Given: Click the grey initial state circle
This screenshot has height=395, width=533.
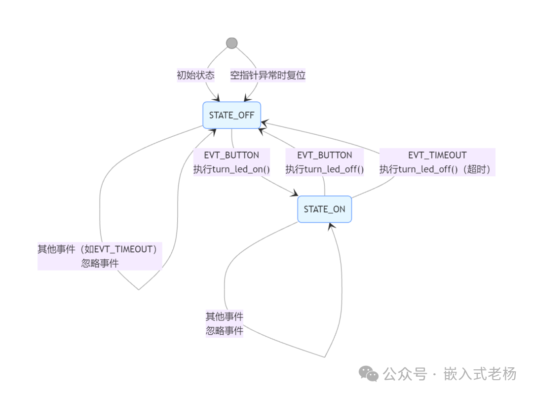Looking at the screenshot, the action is [232, 43].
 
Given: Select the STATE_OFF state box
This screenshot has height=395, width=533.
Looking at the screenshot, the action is [232, 116].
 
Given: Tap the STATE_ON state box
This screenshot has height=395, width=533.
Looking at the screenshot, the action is [325, 209].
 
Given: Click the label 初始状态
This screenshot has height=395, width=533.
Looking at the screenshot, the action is [196, 75].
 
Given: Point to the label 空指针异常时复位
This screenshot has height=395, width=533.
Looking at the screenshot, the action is [268, 75].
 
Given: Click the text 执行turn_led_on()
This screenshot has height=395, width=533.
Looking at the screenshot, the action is [231, 169].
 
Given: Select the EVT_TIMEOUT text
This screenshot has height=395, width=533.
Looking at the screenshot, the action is [437, 155].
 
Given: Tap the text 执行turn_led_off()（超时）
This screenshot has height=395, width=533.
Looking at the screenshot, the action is [435, 169].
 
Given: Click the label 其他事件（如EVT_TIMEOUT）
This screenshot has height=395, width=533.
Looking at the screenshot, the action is [98, 249].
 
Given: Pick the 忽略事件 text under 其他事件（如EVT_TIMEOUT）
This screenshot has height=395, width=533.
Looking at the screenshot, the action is [100, 263].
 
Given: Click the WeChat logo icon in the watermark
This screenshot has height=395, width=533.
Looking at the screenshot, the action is [369, 374].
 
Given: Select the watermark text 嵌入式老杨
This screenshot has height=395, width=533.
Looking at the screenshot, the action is [480, 374].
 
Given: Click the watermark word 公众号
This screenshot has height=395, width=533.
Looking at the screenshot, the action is [405, 374].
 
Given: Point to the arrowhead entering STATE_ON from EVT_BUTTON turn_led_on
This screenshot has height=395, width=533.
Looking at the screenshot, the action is [295, 193].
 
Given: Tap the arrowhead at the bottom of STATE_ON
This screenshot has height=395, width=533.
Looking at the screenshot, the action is [331, 227].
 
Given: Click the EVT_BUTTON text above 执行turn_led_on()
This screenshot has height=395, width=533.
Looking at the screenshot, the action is [231, 155].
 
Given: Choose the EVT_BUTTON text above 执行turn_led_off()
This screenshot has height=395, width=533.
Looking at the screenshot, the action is [325, 155].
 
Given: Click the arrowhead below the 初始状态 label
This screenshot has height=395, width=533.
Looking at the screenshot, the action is [216, 98].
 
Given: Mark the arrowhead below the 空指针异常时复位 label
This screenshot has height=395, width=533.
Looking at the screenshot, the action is [247, 98].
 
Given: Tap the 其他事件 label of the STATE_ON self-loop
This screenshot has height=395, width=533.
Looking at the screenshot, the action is [225, 316].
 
